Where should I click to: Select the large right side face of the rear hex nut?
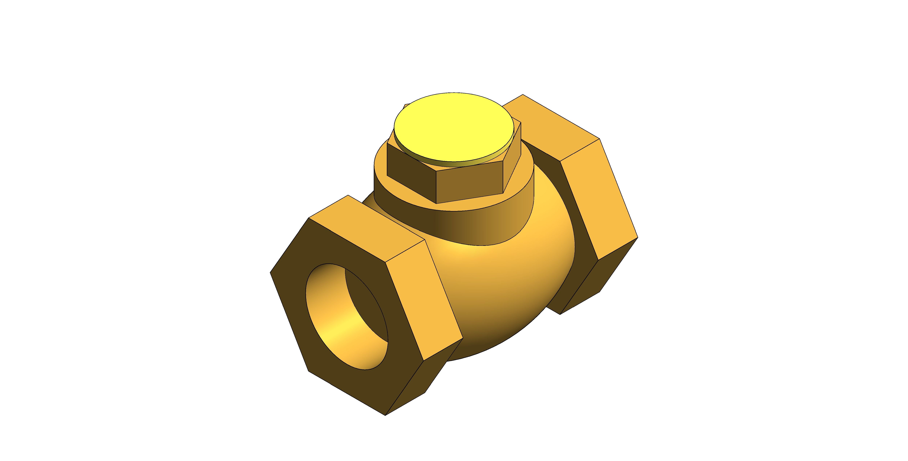(599, 197)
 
